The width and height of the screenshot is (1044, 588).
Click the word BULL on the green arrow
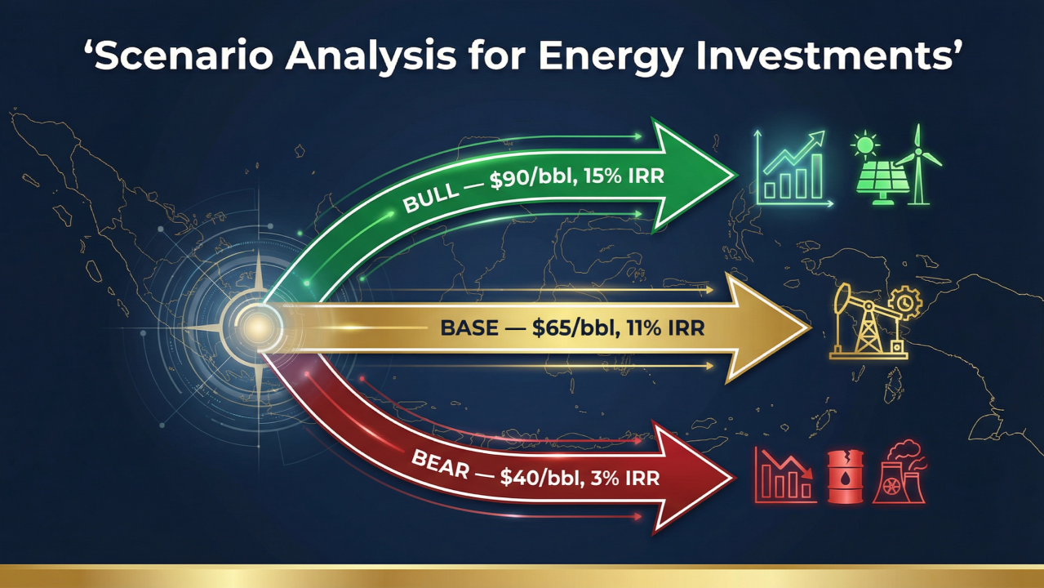[x=429, y=198]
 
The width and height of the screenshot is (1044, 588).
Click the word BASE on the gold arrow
[x=469, y=327]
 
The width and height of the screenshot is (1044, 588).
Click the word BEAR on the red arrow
[x=441, y=465]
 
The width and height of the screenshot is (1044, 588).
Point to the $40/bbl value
[x=541, y=478]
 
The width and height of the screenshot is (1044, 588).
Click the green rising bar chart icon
[x=793, y=168]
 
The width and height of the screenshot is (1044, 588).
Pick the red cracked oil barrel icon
[x=846, y=477]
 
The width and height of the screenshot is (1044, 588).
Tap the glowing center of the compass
[x=257, y=327]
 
